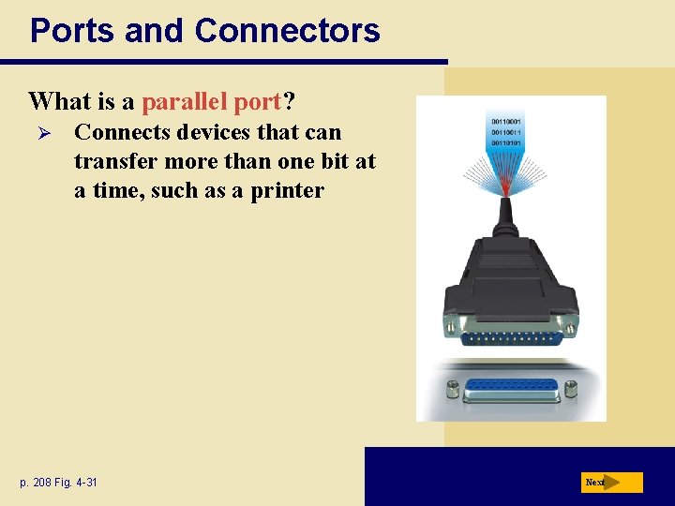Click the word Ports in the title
click(x=72, y=31)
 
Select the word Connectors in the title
click(x=287, y=31)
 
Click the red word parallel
click(x=185, y=101)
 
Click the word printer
click(x=287, y=190)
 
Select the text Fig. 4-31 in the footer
click(x=78, y=483)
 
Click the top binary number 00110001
click(x=507, y=122)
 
